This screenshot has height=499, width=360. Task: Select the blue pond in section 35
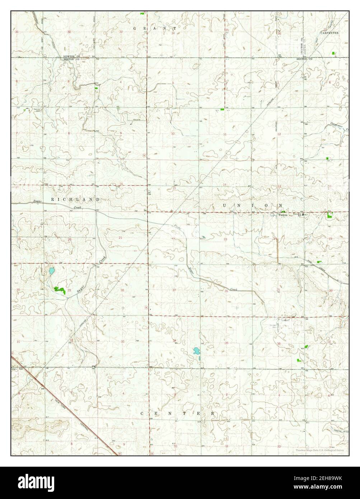click(196, 351)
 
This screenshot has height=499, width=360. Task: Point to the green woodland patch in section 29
click(60, 289)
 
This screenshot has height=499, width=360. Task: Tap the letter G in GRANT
click(135, 28)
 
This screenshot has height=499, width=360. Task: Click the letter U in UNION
click(225, 205)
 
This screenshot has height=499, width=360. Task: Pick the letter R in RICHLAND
click(52, 199)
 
